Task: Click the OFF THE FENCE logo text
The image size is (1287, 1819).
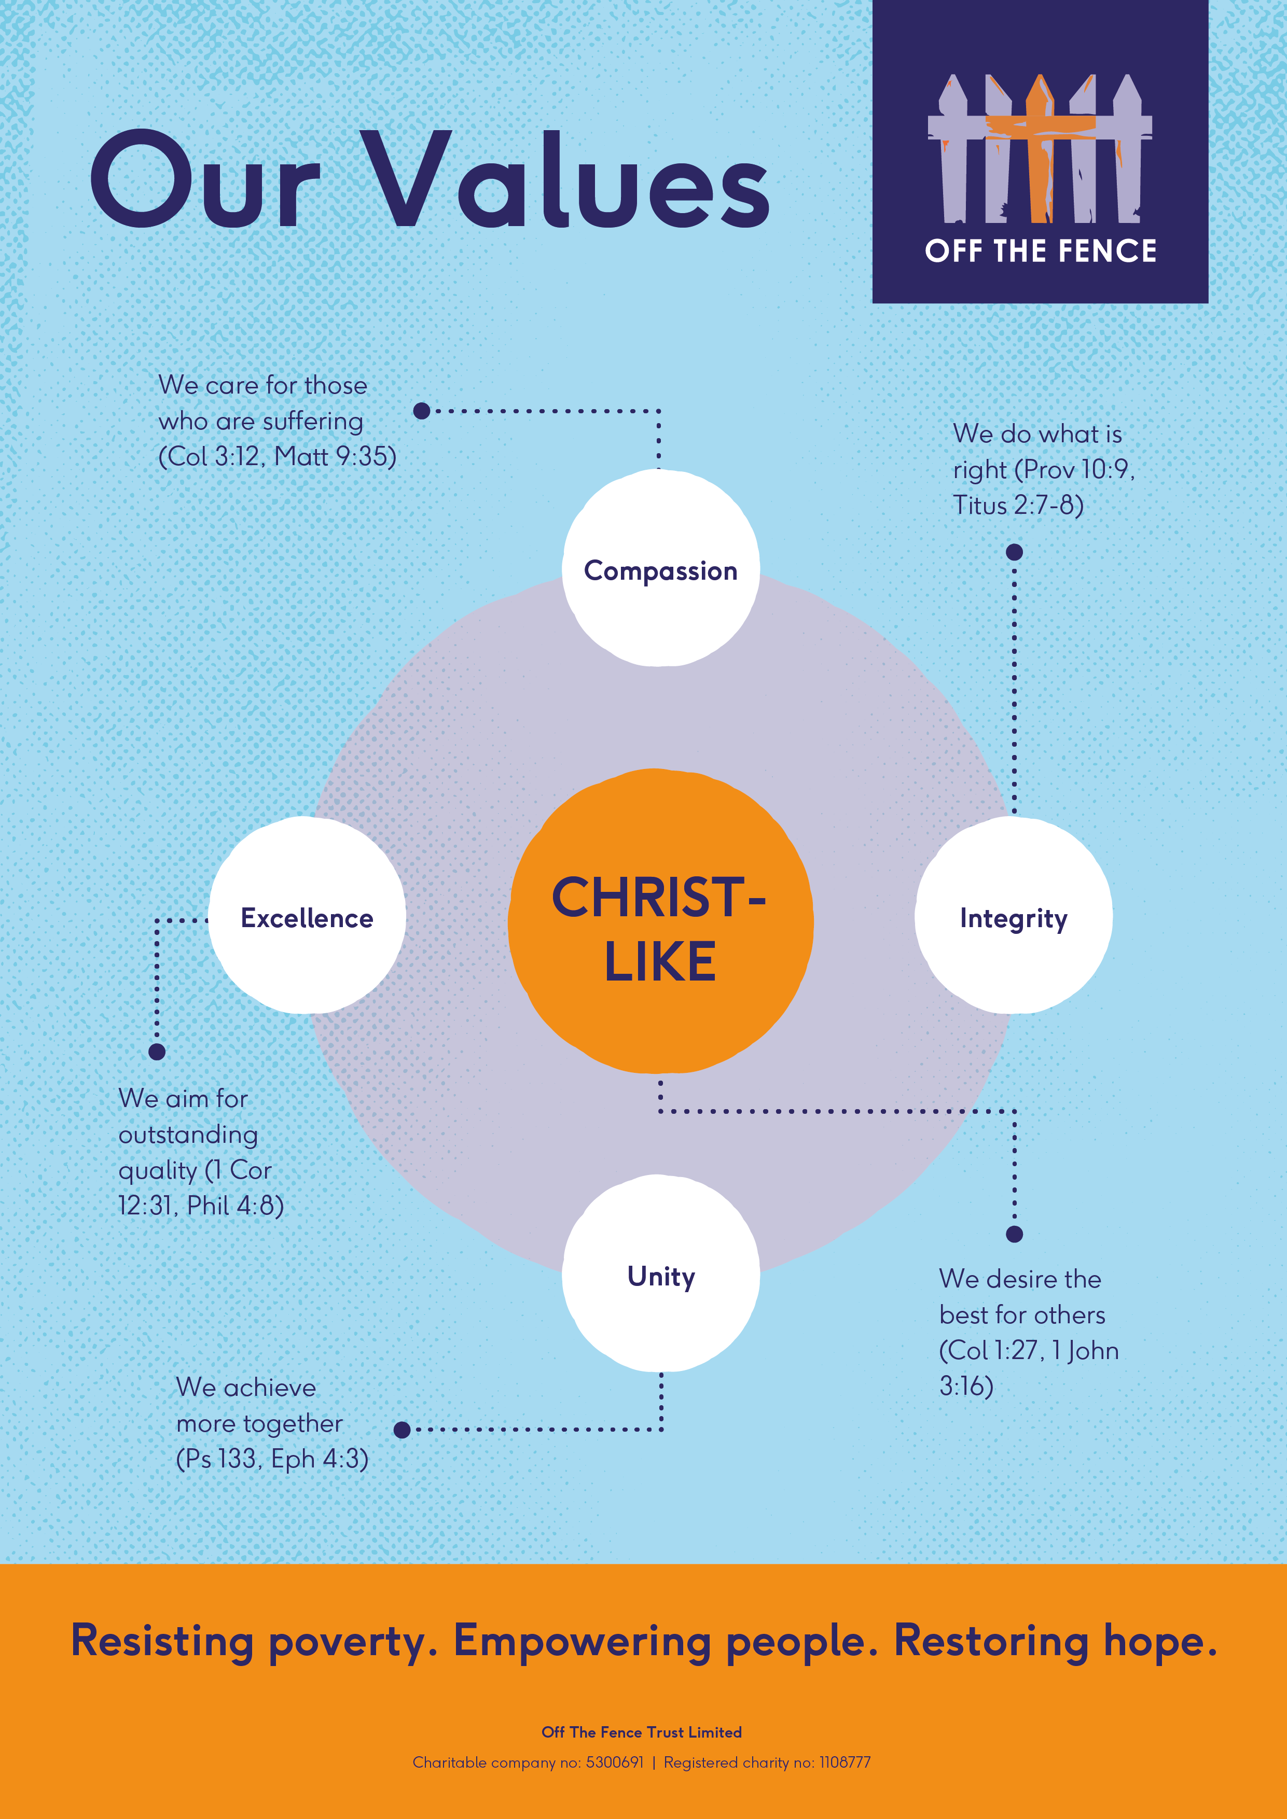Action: [x=1040, y=251]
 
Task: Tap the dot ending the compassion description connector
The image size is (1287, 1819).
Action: [x=422, y=410]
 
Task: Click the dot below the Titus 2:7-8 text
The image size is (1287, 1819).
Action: [x=1014, y=552]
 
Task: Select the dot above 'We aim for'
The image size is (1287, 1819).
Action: [x=157, y=1051]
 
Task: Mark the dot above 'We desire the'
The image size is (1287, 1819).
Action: [x=1014, y=1234]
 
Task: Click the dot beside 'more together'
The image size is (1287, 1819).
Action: [x=402, y=1429]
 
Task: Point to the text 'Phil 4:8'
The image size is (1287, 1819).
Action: [x=236, y=1205]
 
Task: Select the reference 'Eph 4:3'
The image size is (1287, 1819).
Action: [x=320, y=1459]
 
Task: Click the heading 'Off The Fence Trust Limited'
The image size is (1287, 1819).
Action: [x=642, y=1732]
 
